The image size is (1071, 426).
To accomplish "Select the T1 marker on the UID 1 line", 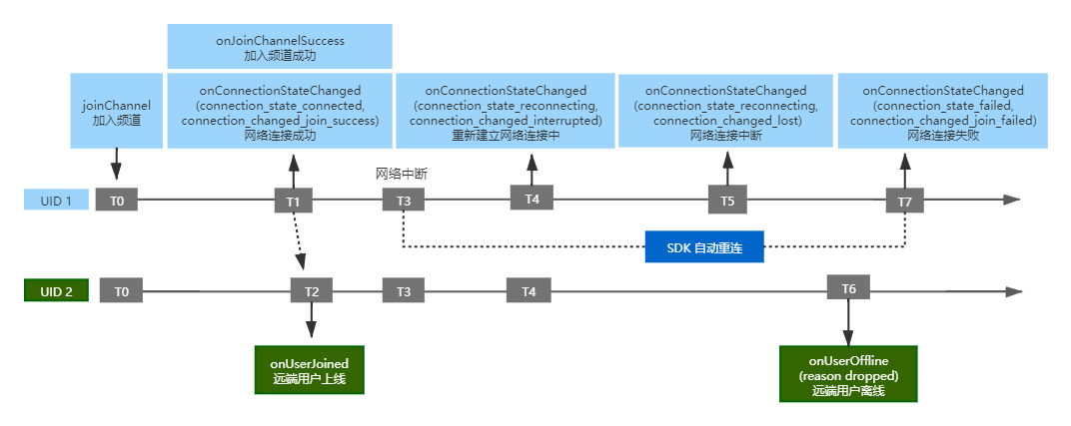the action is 294,202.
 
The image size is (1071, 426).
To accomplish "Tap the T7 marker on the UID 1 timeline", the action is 906,202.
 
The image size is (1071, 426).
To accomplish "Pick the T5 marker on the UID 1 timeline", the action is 728,202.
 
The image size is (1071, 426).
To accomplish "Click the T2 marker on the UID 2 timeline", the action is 312,291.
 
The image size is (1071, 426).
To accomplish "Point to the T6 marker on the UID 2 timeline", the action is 848,288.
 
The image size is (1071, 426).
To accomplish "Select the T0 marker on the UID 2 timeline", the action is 121,291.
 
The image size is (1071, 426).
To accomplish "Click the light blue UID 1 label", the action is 57,200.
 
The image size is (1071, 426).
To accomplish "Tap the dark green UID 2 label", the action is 57,291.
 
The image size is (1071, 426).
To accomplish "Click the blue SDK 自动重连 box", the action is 704,246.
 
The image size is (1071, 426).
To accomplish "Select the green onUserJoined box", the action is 310,369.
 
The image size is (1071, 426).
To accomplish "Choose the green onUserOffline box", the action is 848,373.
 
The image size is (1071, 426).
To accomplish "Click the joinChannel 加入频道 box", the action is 117,111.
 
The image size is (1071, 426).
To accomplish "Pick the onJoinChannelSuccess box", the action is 280,46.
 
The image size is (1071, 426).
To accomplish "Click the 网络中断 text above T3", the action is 402,174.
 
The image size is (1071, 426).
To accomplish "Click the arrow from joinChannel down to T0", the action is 116,165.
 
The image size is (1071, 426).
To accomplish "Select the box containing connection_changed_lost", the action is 725,111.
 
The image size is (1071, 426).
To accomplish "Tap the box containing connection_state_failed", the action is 942,111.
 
